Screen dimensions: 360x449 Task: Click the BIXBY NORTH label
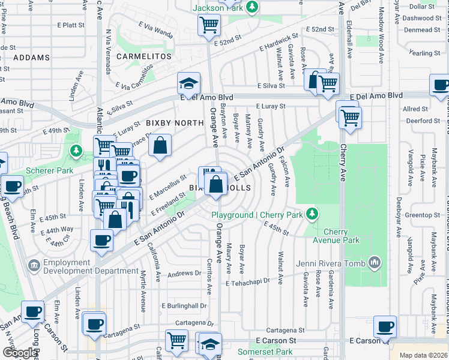175,122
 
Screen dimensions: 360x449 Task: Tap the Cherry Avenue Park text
336,236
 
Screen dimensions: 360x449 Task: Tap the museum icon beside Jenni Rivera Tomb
375,262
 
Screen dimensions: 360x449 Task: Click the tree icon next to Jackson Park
253,7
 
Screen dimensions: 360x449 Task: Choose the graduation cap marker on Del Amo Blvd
188,83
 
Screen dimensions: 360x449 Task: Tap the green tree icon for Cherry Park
311,213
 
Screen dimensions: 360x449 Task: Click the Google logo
20,353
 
